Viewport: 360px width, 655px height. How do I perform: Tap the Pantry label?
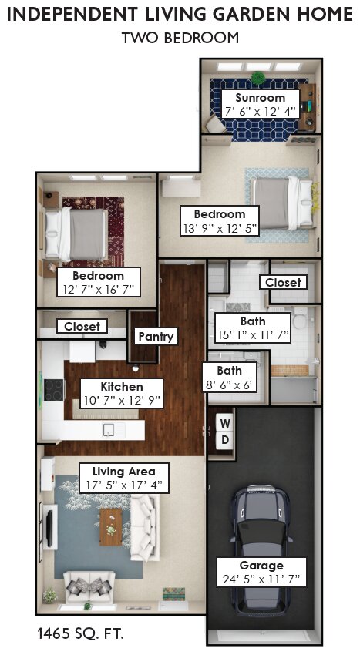(156, 336)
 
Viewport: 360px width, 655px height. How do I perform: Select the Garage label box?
(261, 572)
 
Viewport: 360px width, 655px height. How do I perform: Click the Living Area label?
(124, 478)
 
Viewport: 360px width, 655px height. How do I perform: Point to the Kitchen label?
(122, 393)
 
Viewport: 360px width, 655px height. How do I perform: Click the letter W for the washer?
(225, 424)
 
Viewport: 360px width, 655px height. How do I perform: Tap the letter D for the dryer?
(225, 440)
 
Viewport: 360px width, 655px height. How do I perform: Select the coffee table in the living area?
(111, 527)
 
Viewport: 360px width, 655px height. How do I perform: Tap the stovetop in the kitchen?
(54, 390)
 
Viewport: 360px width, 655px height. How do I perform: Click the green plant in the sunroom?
(258, 78)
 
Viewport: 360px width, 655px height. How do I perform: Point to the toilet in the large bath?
(300, 320)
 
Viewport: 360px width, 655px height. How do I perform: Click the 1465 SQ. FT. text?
(80, 633)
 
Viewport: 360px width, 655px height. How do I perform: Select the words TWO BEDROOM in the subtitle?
(180, 38)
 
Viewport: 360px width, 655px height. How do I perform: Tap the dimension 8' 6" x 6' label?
(230, 385)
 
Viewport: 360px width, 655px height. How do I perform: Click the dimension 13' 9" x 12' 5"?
(220, 229)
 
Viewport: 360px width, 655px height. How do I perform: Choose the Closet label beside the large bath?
(283, 282)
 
